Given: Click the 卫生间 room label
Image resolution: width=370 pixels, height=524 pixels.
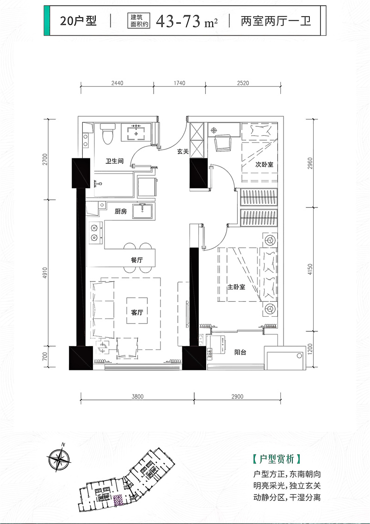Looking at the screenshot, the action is pyautogui.click(x=115, y=161).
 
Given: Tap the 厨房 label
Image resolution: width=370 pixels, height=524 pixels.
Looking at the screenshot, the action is pyautogui.click(x=121, y=211).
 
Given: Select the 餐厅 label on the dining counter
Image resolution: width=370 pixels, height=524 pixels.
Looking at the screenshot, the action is pyautogui.click(x=137, y=260).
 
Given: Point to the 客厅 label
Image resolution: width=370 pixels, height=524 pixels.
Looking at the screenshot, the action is pyautogui.click(x=137, y=312).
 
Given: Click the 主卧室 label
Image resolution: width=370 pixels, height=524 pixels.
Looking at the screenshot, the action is pyautogui.click(x=236, y=287).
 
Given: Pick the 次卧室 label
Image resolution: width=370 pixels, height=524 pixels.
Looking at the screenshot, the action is pyautogui.click(x=265, y=164).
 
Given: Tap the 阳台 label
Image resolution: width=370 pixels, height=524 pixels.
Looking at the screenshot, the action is pyautogui.click(x=240, y=352).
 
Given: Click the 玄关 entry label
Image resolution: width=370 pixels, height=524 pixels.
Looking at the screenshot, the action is pyautogui.click(x=183, y=151).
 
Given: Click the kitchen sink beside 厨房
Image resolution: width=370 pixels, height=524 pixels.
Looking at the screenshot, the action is pyautogui.click(x=143, y=211).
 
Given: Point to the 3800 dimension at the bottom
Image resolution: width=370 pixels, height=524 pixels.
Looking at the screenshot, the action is pyautogui.click(x=137, y=397).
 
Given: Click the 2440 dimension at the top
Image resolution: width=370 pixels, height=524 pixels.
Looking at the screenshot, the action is pyautogui.click(x=117, y=83).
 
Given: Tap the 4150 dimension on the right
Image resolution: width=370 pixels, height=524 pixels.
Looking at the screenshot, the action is pyautogui.click(x=310, y=269).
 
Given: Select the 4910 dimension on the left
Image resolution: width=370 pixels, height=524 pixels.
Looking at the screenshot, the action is pyautogui.click(x=45, y=273).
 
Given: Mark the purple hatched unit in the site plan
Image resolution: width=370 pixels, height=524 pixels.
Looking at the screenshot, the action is pyautogui.click(x=117, y=500).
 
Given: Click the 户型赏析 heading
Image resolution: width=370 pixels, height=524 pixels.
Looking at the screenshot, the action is pyautogui.click(x=277, y=459).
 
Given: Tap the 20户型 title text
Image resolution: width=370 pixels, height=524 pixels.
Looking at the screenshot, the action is pyautogui.click(x=78, y=21).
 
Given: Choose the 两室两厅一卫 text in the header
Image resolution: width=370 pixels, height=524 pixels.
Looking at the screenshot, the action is pyautogui.click(x=276, y=21).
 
